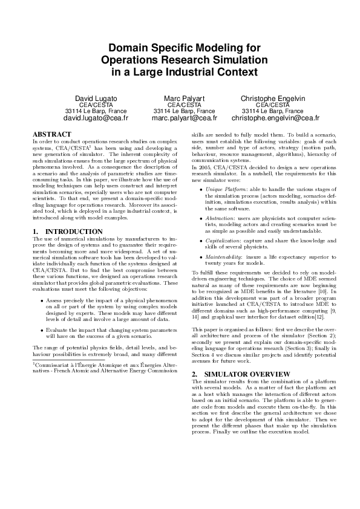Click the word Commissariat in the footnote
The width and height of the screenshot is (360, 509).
(53, 365)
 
